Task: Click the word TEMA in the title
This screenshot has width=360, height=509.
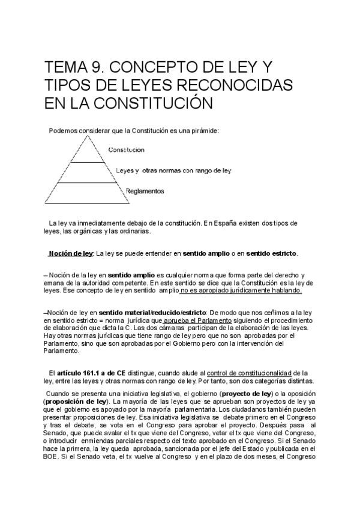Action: [x=65, y=65]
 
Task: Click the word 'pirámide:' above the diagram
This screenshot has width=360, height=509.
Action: [x=203, y=129]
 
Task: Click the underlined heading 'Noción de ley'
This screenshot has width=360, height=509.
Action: [x=71, y=253]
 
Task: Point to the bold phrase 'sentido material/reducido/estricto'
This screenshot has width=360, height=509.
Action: [x=152, y=313]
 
